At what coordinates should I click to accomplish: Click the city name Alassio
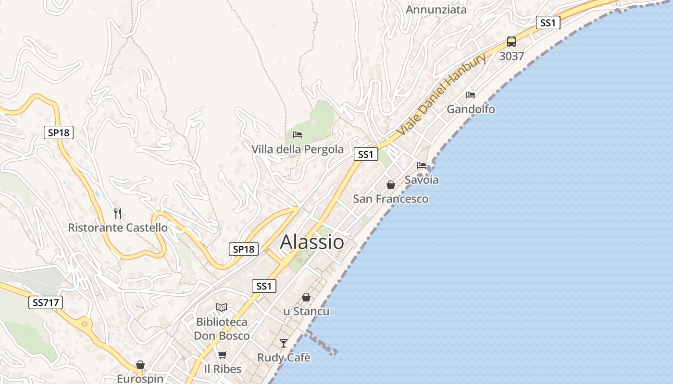tap(312, 242)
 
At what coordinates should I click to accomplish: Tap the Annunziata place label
tap(436, 10)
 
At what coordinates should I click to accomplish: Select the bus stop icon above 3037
tap(511, 42)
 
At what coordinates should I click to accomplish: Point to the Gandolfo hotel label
tap(471, 109)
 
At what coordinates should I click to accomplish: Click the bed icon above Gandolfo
tap(471, 95)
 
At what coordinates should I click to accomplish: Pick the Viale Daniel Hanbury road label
tap(442, 94)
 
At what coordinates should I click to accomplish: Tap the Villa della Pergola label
tap(298, 149)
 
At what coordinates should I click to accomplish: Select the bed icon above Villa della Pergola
tap(298, 135)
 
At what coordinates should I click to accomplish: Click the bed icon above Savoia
tap(422, 165)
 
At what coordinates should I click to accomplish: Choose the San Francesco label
tap(390, 199)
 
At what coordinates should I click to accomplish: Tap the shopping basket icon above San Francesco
tap(391, 185)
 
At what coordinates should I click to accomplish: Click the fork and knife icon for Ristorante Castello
tap(118, 213)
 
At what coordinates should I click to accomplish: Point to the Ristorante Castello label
tap(118, 228)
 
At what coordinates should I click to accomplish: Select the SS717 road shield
tap(46, 302)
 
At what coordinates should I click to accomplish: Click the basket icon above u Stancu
tap(306, 297)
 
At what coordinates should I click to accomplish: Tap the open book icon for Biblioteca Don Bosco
tap(222, 307)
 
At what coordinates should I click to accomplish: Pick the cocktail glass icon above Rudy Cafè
tap(284, 343)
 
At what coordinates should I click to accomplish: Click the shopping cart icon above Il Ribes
tap(222, 355)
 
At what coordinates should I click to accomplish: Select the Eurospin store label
tap(140, 379)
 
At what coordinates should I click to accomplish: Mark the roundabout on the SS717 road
tap(85, 324)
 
